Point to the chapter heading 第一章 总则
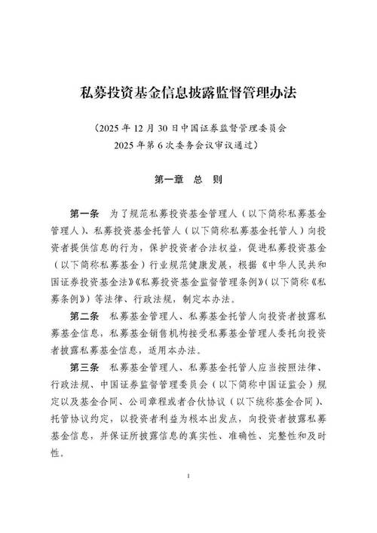(188, 180)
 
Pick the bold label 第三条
(84, 366)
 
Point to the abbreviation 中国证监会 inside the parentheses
(279, 382)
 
